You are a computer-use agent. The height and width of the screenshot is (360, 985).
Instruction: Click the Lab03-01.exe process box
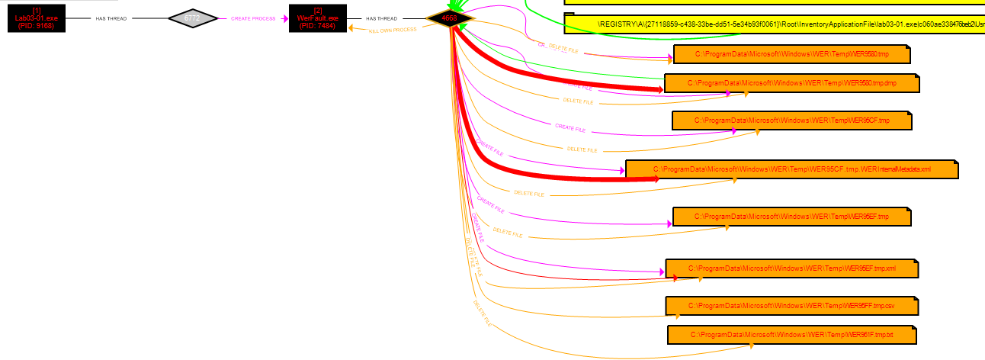click(x=36, y=18)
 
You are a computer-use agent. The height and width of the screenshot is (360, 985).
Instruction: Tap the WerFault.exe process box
click(x=316, y=18)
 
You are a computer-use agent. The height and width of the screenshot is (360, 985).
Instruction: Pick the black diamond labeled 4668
click(x=450, y=18)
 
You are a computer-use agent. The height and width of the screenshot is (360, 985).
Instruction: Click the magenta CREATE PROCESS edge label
click(x=253, y=18)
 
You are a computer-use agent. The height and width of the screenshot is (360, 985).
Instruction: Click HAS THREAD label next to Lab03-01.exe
click(x=111, y=18)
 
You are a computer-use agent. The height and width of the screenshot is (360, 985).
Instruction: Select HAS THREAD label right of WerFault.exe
click(x=381, y=18)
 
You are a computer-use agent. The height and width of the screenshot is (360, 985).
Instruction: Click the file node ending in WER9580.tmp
click(x=791, y=55)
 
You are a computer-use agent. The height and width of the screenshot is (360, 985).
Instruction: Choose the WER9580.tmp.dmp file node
click(x=791, y=82)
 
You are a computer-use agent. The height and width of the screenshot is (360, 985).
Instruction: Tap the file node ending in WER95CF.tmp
click(x=791, y=121)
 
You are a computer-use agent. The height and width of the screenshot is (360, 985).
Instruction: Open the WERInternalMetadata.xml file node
click(x=791, y=169)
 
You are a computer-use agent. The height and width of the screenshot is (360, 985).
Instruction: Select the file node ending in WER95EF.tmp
click(x=791, y=217)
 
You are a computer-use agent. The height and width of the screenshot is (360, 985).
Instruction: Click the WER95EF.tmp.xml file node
click(x=791, y=268)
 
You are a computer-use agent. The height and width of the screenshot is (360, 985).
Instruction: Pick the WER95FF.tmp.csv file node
click(x=791, y=306)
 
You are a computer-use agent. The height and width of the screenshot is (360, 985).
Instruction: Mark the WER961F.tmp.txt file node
click(x=791, y=335)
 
